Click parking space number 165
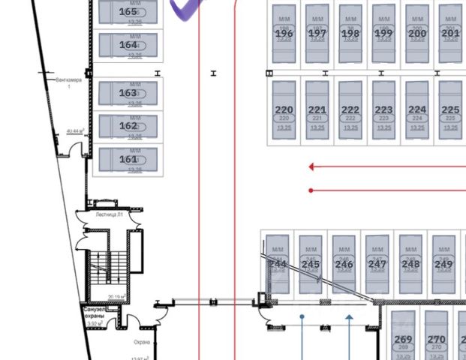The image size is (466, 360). pyautogui.click(x=128, y=12)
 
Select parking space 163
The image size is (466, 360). pyautogui.click(x=128, y=93)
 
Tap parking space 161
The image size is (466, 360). pyautogui.click(x=128, y=159)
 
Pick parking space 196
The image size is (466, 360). pyautogui.click(x=284, y=34)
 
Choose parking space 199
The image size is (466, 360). pyautogui.click(x=383, y=34)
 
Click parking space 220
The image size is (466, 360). pyautogui.click(x=284, y=109)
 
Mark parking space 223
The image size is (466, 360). pyautogui.click(x=383, y=109)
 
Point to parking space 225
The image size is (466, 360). pyautogui.click(x=450, y=109)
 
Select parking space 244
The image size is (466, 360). pyautogui.click(x=278, y=264)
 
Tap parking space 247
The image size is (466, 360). pyautogui.click(x=377, y=264)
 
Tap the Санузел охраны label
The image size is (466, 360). pyautogui.click(x=95, y=313)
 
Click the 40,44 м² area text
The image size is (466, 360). pyautogui.click(x=74, y=130)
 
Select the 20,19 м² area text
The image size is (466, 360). pyautogui.click(x=116, y=297)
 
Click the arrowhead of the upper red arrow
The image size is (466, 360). pyautogui.click(x=312, y=167)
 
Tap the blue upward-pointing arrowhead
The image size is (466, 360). pyautogui.click(x=349, y=318)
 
